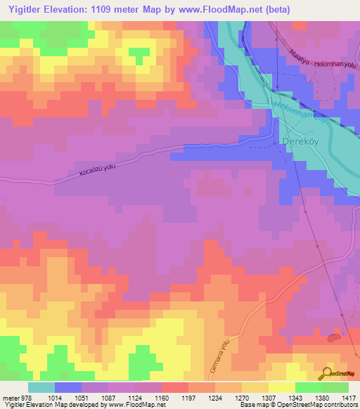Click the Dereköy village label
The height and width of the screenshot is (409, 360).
[x=301, y=140]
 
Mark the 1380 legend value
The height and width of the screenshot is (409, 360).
[x=321, y=398]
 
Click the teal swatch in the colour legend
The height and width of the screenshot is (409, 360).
[x=41, y=387]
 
